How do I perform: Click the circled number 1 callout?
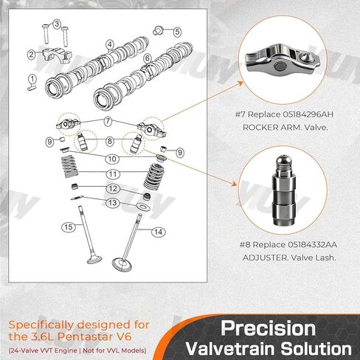[32, 79]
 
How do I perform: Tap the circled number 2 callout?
[31, 55]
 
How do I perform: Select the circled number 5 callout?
[177, 32]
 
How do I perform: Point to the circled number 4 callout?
[110, 44]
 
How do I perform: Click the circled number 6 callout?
[148, 58]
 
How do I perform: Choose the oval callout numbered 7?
[108, 121]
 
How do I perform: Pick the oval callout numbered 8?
[109, 141]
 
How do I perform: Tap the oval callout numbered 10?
[112, 159]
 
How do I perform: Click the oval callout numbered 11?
[113, 174]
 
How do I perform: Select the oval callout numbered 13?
[113, 203]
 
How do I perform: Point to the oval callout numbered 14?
[159, 232]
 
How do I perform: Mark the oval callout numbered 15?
[69, 226]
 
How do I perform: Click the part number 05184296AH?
[308, 114]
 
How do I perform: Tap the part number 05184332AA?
[312, 245]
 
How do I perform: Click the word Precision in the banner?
[268, 328]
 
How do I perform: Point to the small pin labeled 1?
[32, 88]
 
